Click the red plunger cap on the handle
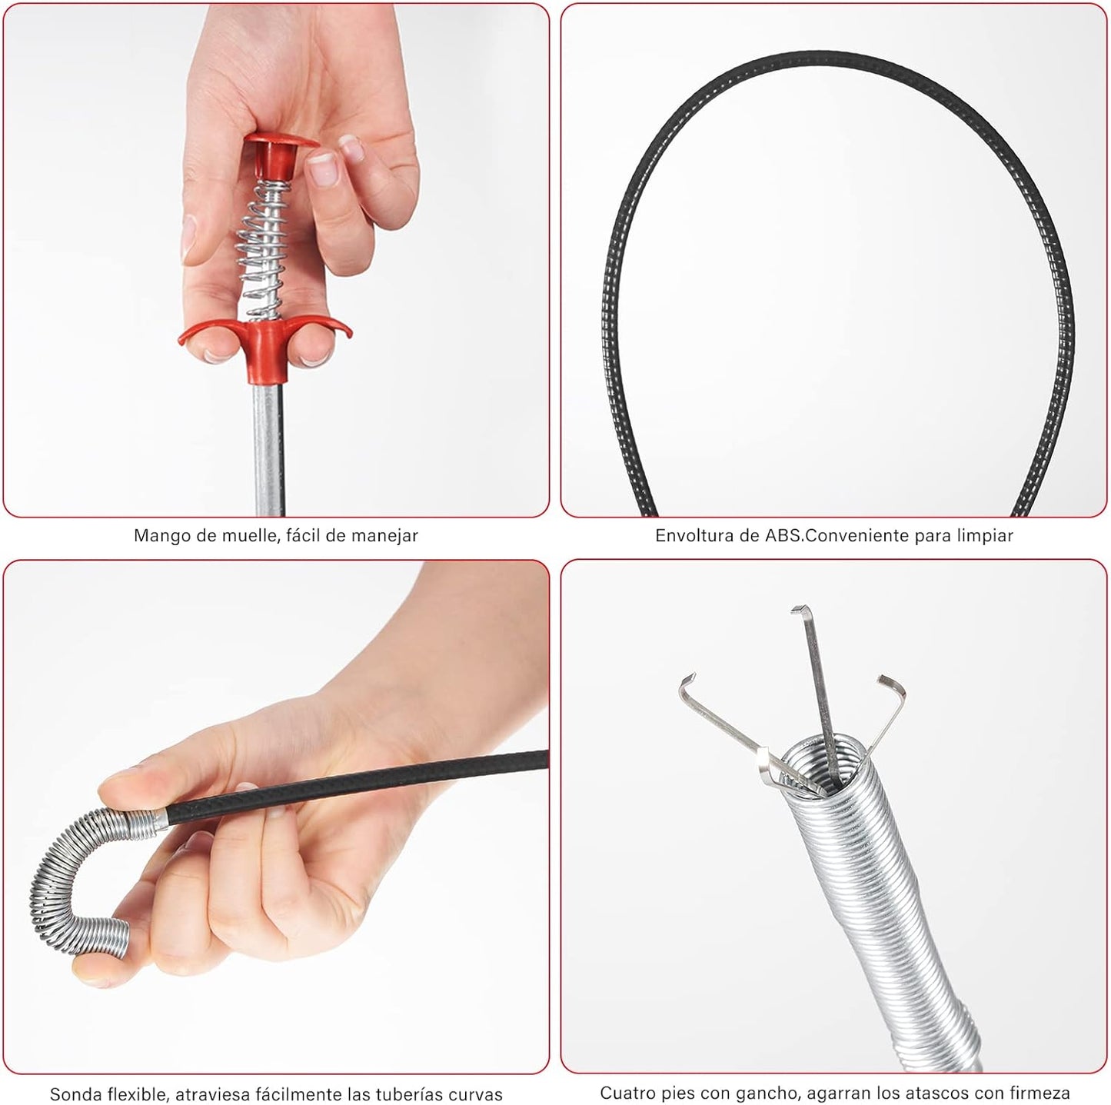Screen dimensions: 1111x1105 279,154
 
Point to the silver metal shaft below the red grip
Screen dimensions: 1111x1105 268,449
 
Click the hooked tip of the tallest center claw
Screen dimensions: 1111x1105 800,611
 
